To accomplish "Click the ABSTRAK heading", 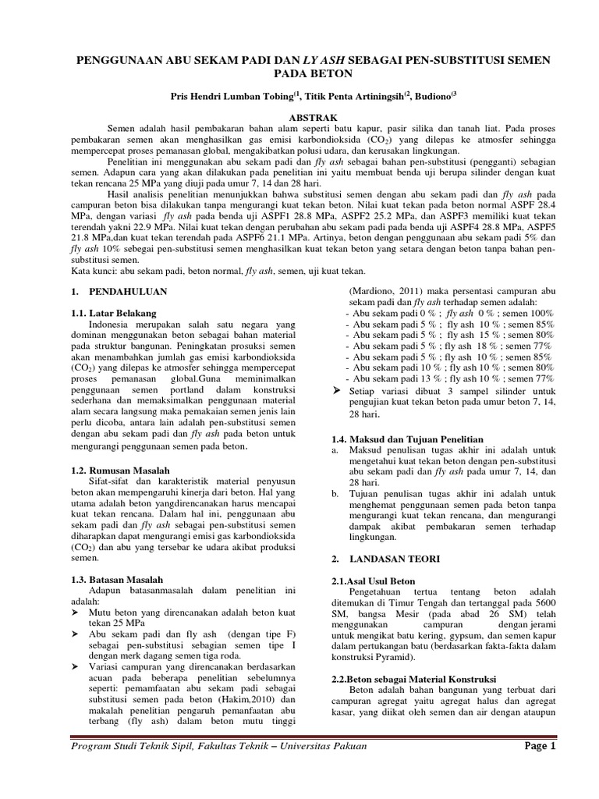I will point(299,114).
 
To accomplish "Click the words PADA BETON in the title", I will point(299,74).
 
